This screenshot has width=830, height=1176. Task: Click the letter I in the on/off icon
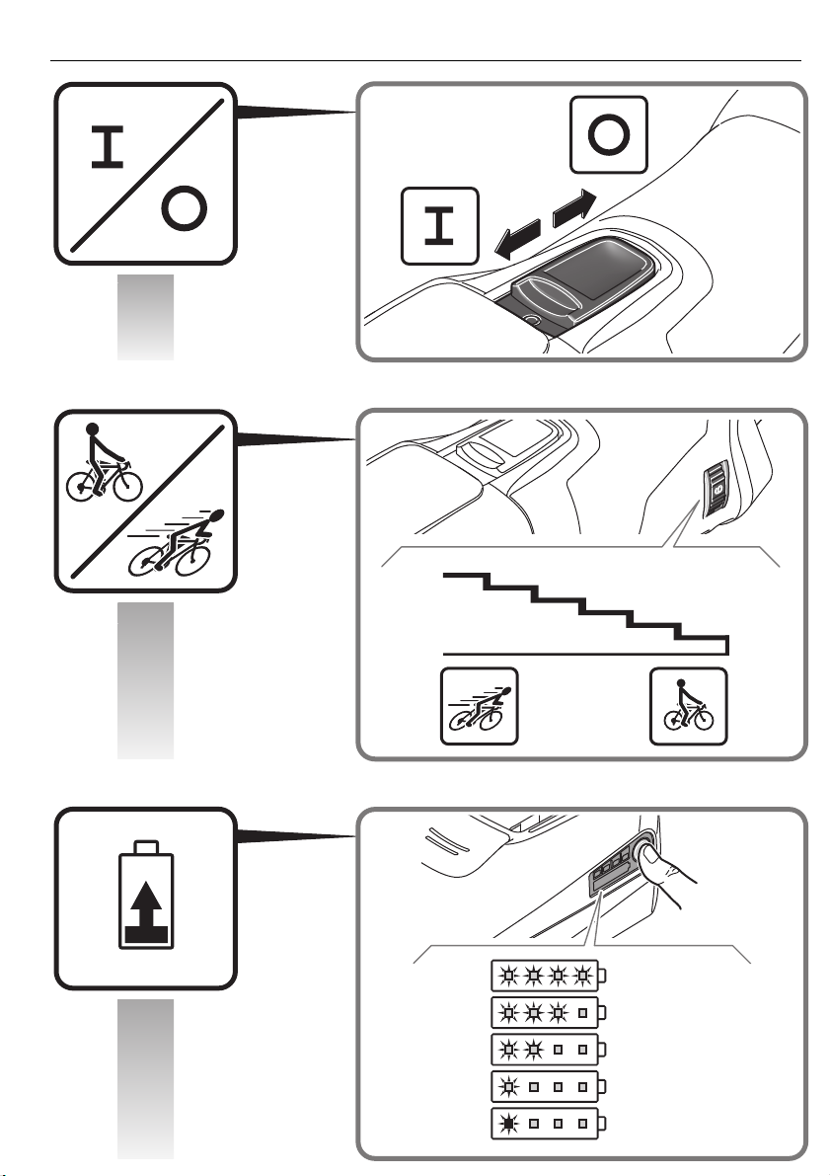(108, 147)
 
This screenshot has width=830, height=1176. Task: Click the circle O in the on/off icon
(184, 208)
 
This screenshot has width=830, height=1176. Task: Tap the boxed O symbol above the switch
(609, 135)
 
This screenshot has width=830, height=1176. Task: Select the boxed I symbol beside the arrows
(440, 226)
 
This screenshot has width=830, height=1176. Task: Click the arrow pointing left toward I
(518, 239)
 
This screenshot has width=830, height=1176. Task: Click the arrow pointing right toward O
(574, 208)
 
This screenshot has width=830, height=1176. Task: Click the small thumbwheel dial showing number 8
(717, 489)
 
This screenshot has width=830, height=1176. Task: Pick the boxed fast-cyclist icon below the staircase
(479, 707)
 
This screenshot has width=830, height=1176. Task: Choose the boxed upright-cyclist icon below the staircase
(688, 707)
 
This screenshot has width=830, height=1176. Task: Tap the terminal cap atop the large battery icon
(146, 847)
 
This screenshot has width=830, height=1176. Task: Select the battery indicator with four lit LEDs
(548, 976)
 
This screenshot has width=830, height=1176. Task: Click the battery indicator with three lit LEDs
(548, 1012)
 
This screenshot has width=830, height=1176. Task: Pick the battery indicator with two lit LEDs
(548, 1050)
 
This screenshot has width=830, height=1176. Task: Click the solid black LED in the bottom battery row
(508, 1124)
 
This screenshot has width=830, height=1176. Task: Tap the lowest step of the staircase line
(701, 639)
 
